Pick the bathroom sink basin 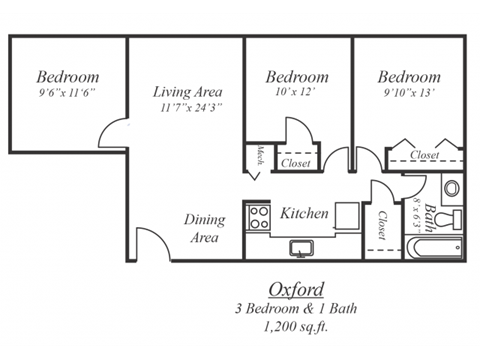pos(452,187)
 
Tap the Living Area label pos(187,92)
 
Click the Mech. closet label pos(259,157)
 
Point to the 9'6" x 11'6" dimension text pos(67,93)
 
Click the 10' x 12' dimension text pos(297,93)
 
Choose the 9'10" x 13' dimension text pos(409,93)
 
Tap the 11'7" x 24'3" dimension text pos(187,107)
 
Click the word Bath pos(430,218)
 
